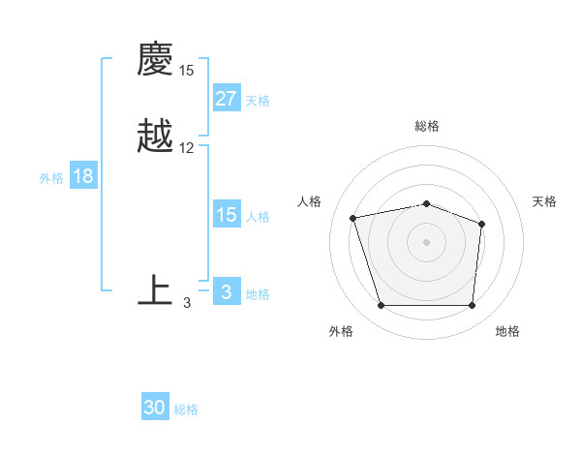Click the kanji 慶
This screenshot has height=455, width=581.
click(x=155, y=59)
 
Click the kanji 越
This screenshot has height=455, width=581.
click(x=155, y=136)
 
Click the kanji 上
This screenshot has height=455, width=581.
click(x=155, y=290)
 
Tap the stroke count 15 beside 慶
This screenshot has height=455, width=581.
click(x=187, y=71)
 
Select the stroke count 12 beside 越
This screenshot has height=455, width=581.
click(x=187, y=148)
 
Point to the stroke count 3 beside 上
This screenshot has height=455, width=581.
click(x=187, y=303)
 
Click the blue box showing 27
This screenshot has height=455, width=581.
click(x=226, y=99)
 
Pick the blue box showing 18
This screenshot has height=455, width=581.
click(x=82, y=176)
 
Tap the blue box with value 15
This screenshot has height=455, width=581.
click(x=226, y=215)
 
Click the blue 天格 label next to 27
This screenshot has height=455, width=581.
click(x=258, y=100)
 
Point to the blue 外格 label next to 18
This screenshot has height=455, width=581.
click(x=51, y=177)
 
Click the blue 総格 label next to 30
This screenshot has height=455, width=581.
click(x=186, y=409)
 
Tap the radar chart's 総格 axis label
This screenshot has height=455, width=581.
click(x=427, y=126)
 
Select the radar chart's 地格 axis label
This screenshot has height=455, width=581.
click(x=507, y=331)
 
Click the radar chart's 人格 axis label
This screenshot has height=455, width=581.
click(x=310, y=201)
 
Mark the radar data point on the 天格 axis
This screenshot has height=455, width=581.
click(x=482, y=224)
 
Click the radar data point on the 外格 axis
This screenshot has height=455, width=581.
click(x=381, y=306)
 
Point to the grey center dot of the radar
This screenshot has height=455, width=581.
click(x=427, y=241)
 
